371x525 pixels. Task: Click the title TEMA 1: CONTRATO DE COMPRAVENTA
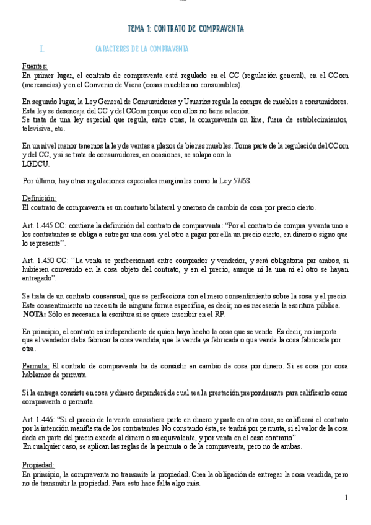pyautogui.click(x=185, y=29)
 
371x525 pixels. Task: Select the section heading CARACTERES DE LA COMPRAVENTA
pyautogui.click(x=142, y=49)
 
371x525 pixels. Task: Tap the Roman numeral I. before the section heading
pyautogui.click(x=41, y=49)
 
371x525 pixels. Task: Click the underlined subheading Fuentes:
pyautogui.click(x=34, y=66)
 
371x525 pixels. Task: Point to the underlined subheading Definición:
pyautogui.click(x=38, y=198)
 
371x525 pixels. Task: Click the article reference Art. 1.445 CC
pyautogui.click(x=46, y=226)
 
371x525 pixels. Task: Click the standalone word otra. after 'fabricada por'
pyautogui.click(x=27, y=349)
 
